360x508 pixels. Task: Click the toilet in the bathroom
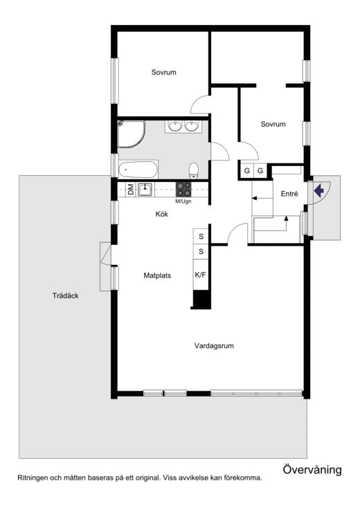[193, 170]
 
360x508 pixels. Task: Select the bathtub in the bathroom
[138, 170]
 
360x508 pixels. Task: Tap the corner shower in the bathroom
[131, 134]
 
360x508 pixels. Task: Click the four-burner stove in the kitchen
[183, 190]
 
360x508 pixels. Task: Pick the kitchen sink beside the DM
[145, 189]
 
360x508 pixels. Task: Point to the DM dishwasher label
[131, 189]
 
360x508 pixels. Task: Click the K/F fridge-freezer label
[200, 275]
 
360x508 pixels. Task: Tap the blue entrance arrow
[319, 190]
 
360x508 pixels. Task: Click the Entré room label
[289, 194]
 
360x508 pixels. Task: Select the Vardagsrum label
[214, 345]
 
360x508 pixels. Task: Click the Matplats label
[157, 275]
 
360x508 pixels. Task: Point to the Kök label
[162, 214]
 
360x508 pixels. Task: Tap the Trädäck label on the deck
[66, 296]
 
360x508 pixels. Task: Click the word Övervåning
[312, 469]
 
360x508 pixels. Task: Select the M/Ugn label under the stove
[183, 201]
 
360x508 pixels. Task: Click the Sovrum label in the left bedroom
[163, 72]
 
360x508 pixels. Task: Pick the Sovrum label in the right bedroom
[273, 124]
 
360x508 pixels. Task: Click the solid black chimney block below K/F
[201, 300]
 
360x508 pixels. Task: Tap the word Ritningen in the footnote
[33, 478]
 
